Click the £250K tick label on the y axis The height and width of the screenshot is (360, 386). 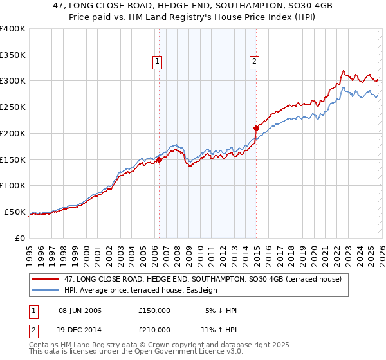pos(13,107)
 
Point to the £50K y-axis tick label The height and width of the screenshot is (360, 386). pos(15,212)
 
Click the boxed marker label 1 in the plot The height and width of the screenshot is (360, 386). pos(158,62)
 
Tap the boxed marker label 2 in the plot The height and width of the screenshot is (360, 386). pos(255,62)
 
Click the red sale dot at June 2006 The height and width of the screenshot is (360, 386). pos(159,160)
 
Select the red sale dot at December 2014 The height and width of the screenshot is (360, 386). pos(256,128)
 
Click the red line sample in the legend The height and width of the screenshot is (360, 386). pos(46,279)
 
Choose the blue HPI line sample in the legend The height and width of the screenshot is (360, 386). pos(46,290)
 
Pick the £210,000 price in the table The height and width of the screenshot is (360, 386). pos(154,329)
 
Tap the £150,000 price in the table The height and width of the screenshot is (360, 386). pos(154,310)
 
